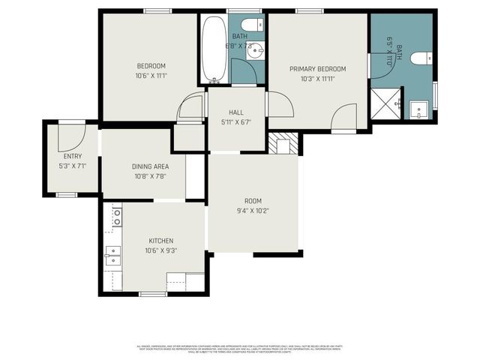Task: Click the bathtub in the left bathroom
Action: tap(214, 49)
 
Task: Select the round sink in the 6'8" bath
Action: tap(255, 51)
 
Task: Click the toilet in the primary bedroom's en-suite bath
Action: tap(424, 55)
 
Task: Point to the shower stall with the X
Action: tap(385, 103)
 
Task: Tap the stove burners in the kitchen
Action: tap(117, 217)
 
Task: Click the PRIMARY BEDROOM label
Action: tap(317, 68)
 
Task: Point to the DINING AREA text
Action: tap(150, 166)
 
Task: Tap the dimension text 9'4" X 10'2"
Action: tap(252, 211)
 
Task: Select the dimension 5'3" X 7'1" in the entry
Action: tap(73, 165)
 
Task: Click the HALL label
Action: tap(235, 112)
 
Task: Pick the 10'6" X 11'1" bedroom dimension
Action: tap(151, 75)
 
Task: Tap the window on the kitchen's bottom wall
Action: tap(153, 292)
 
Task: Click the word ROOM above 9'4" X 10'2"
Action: tap(253, 200)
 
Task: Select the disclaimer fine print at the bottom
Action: tap(239, 349)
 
